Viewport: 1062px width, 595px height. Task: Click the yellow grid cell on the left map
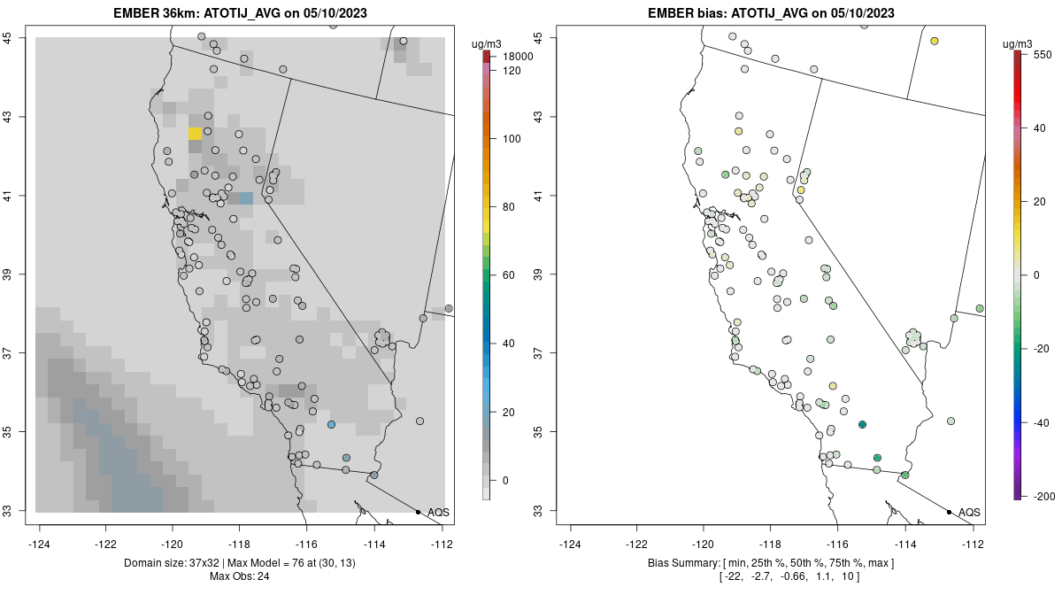pyautogui.click(x=195, y=133)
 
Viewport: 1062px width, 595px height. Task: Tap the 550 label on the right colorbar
pyautogui.click(x=1043, y=54)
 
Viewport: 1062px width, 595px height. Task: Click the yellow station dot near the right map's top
pyautogui.click(x=935, y=42)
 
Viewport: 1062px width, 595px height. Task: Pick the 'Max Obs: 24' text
pyautogui.click(x=239, y=576)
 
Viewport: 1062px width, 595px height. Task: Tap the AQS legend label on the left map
pyautogui.click(x=438, y=513)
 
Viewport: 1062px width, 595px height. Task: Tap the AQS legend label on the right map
pyautogui.click(x=969, y=513)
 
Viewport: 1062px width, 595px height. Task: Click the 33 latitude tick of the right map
pyautogui.click(x=539, y=511)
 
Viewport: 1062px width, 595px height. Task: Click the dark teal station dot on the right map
pyautogui.click(x=862, y=425)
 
